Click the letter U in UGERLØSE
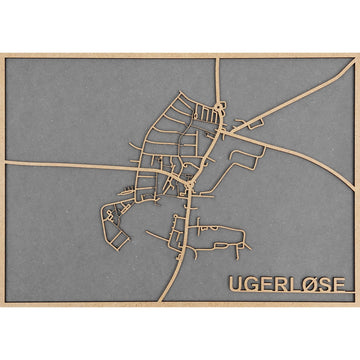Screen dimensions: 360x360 [x=236, y=284]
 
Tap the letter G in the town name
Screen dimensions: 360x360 [x=251, y=284]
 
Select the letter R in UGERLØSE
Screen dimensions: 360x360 [x=280, y=284]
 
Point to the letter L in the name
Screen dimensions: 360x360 [x=293, y=284]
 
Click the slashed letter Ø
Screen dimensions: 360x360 [x=307, y=284]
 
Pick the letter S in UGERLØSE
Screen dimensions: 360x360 [x=323, y=284]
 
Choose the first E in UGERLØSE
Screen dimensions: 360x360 [x=266, y=284]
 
